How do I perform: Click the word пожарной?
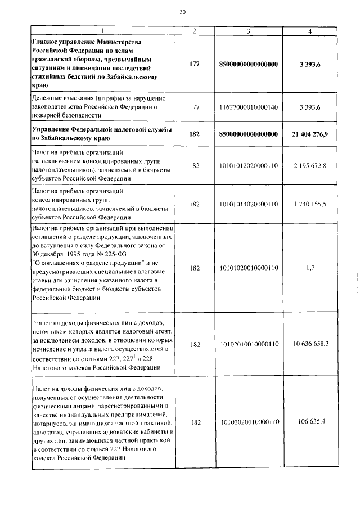tap(49, 115)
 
